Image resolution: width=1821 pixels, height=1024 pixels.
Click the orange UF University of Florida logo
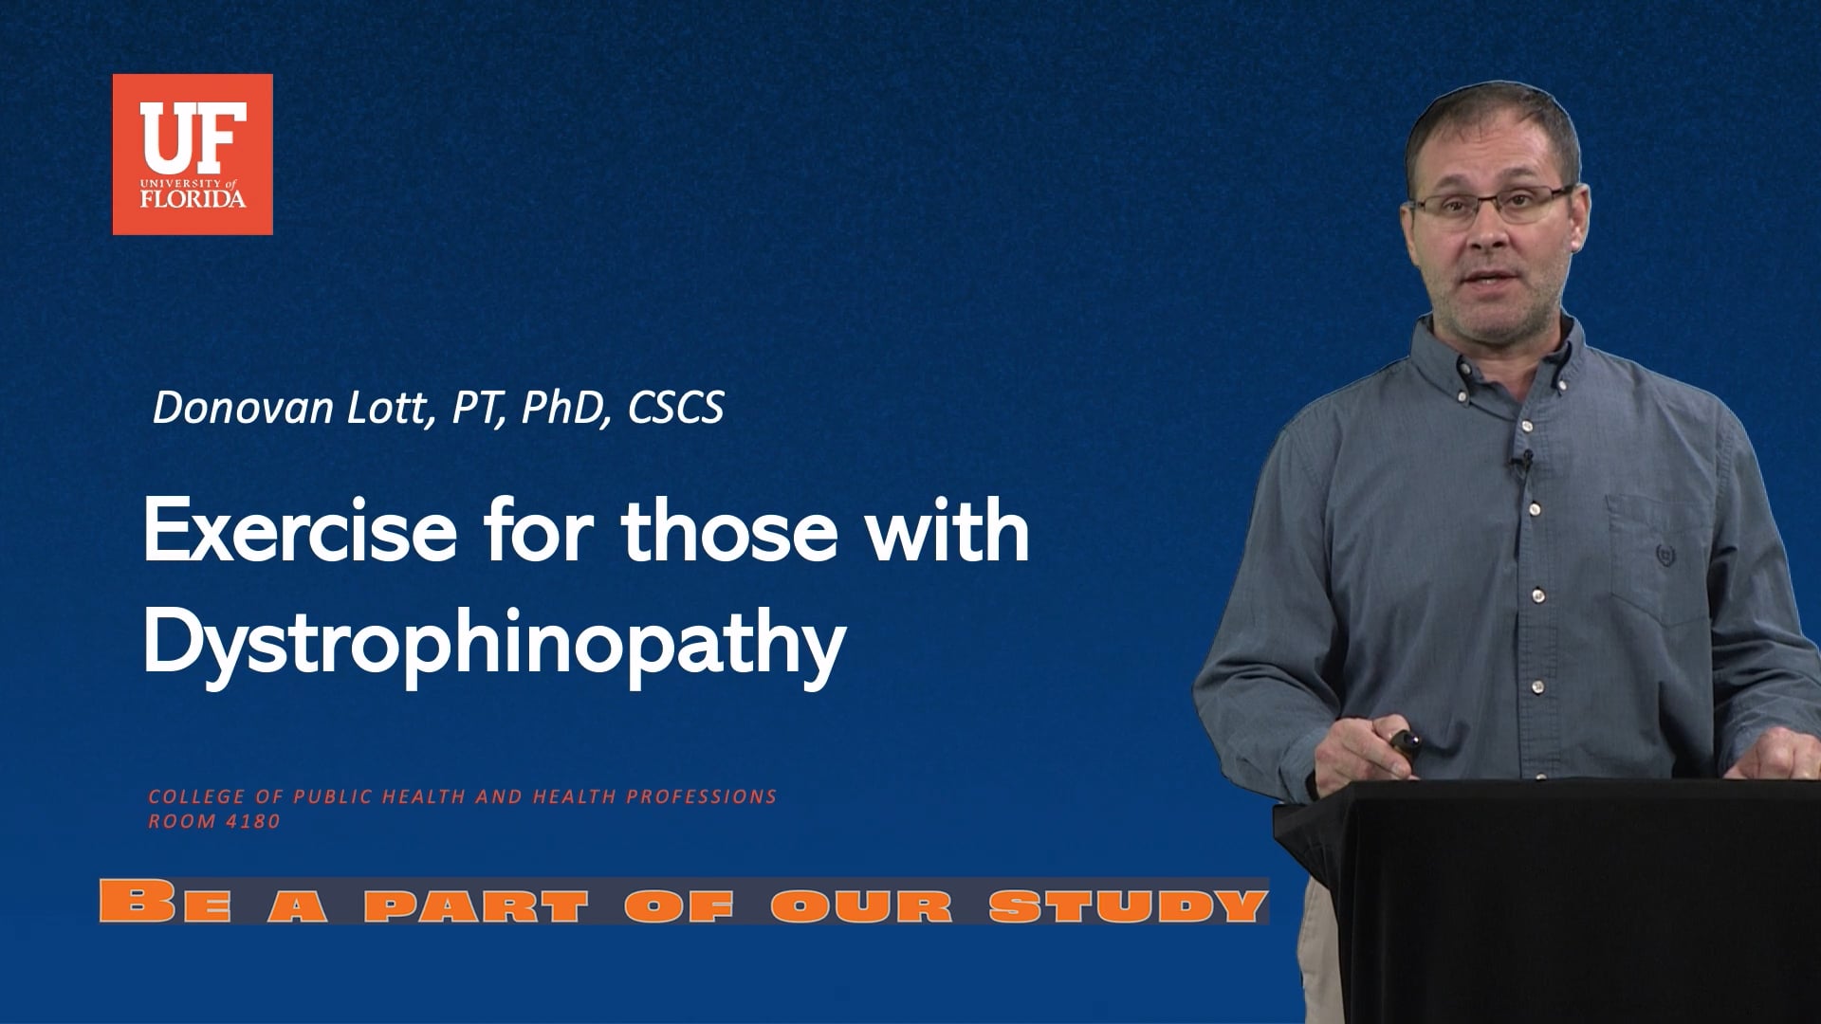[x=193, y=155]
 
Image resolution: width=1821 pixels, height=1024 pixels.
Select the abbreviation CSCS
[x=675, y=408]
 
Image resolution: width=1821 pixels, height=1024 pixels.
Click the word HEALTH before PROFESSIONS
[x=569, y=797]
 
